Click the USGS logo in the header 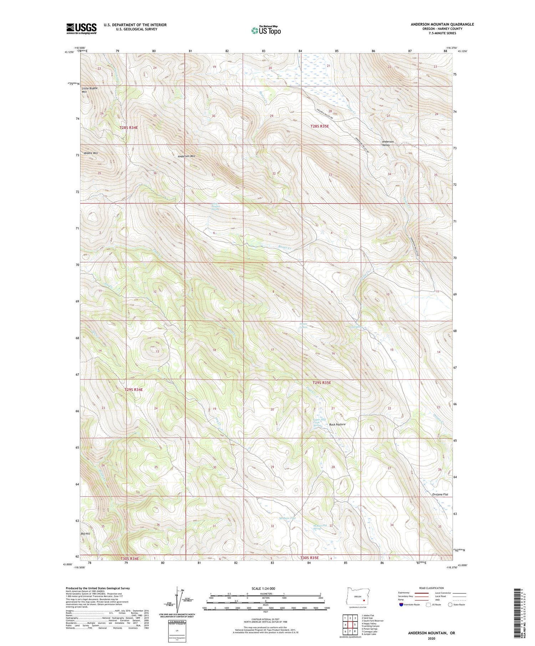click(x=81, y=29)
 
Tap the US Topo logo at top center click(x=266, y=30)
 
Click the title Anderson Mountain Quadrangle click(x=442, y=24)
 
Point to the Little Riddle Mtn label click(x=89, y=90)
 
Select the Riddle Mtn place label click(x=91, y=153)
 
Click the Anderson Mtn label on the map click(x=187, y=156)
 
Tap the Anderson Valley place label click(x=388, y=143)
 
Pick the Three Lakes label click(x=303, y=325)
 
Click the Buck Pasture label click(x=337, y=424)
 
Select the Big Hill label click(x=86, y=534)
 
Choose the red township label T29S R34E click(x=134, y=389)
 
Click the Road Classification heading click(x=432, y=588)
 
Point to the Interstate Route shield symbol click(x=401, y=604)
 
